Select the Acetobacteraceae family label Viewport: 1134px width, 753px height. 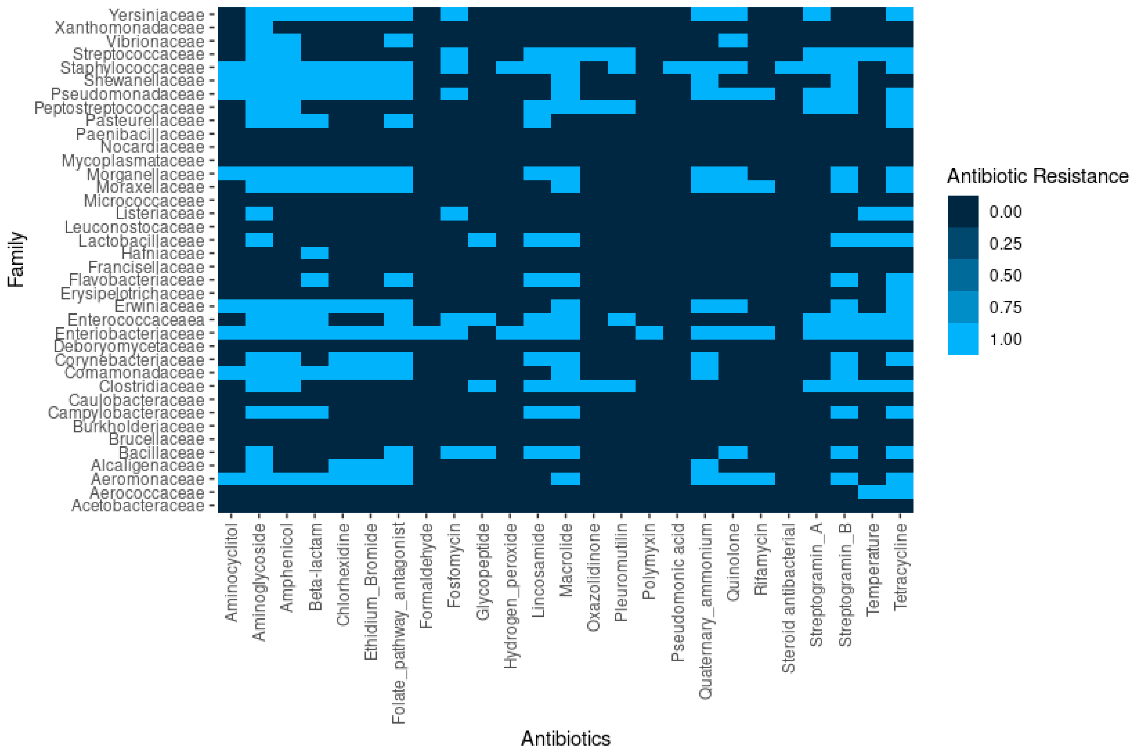coord(138,506)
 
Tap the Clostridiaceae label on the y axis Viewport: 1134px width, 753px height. coord(152,387)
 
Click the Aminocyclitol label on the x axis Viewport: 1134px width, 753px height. coord(231,572)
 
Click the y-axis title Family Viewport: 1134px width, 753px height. coord(16,260)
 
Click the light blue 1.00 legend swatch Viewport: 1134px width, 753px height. coord(963,339)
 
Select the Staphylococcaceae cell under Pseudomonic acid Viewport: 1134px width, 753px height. coord(677,68)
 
